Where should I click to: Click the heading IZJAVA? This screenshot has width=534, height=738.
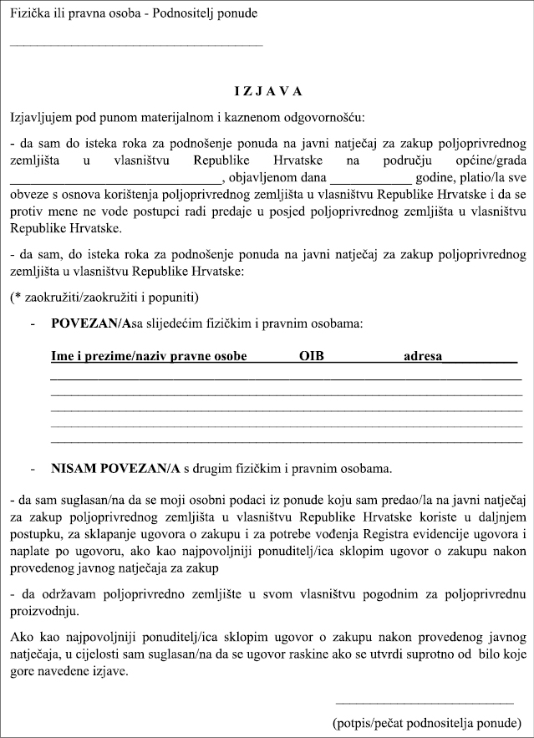click(x=267, y=91)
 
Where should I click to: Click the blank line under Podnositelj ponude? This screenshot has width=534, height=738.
click(x=136, y=43)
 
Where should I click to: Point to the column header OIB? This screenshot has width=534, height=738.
click(x=311, y=357)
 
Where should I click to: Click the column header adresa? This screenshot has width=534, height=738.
click(x=423, y=357)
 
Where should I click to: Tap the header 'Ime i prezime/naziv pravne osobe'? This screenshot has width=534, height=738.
click(x=149, y=357)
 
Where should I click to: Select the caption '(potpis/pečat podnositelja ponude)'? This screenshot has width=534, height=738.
click(x=426, y=721)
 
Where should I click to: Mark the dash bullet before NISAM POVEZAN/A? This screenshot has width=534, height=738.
click(x=33, y=469)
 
